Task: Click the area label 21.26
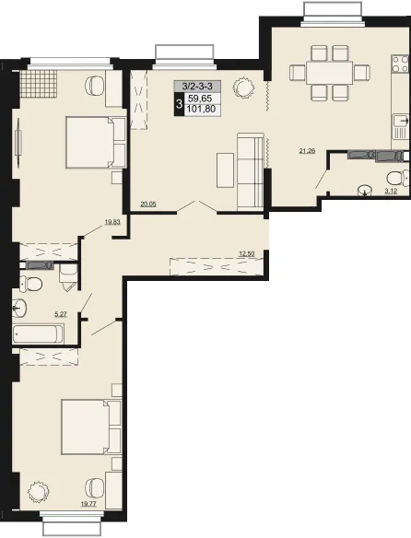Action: pos(307,151)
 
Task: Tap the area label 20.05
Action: pos(148,204)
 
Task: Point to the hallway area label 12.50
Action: pos(247,254)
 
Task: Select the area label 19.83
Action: pos(112,222)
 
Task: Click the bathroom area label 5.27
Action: pos(61,313)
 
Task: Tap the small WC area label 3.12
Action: pos(391,191)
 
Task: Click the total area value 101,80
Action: pos(202,109)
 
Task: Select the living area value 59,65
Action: pos(200,99)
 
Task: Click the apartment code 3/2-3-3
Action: pos(197,86)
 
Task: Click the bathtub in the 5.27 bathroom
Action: pos(38,333)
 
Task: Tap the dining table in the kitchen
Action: pos(330,73)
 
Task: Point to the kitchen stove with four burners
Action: pos(400,64)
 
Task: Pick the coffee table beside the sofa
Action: pos(225,170)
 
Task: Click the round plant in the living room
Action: pos(244,88)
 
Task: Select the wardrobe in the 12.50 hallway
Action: pos(217,266)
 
